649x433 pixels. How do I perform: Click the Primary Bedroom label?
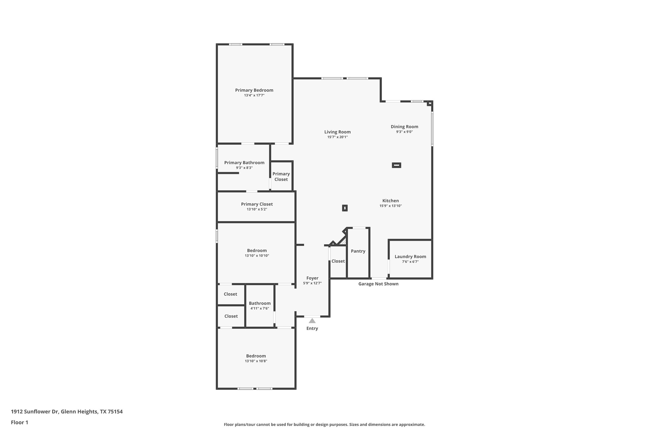click(x=254, y=90)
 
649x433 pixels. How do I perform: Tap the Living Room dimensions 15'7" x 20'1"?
click(x=337, y=137)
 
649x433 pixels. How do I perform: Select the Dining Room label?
click(x=404, y=126)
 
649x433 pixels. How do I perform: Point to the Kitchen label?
click(x=391, y=201)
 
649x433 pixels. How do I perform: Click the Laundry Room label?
click(x=410, y=256)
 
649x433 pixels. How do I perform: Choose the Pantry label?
click(x=358, y=251)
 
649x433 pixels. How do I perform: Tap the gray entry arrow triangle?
click(x=312, y=321)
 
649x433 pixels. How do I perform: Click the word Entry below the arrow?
click(x=312, y=328)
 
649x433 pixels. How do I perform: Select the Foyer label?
click(x=312, y=278)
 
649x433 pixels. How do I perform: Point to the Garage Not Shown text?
click(x=378, y=284)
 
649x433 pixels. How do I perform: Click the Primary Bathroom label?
click(x=244, y=163)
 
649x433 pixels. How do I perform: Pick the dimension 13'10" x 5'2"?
click(x=257, y=209)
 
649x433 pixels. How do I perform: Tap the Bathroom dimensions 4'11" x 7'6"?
click(x=260, y=308)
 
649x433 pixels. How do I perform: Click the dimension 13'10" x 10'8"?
click(x=256, y=361)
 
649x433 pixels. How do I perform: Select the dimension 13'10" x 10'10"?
click(x=257, y=256)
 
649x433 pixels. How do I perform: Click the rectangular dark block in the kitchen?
click(x=396, y=165)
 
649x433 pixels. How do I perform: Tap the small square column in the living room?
click(x=345, y=208)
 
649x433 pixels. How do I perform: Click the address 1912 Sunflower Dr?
click(x=35, y=411)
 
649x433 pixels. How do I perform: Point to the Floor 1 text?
click(x=19, y=423)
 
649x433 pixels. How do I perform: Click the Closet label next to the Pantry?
click(x=338, y=261)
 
